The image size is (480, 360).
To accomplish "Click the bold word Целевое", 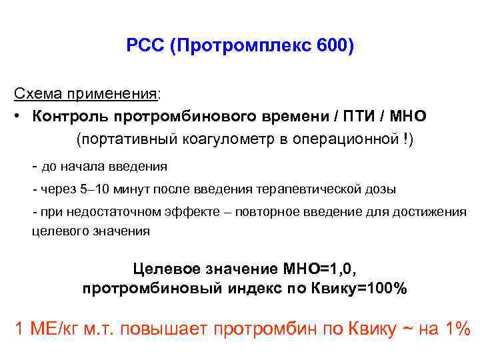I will pos(167,269).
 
